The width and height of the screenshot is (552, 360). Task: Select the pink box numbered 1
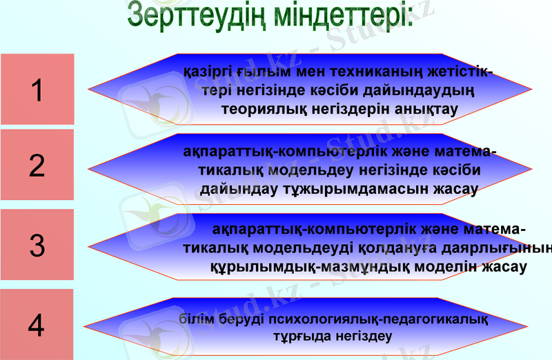37,90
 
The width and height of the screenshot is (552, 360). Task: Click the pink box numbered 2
37,166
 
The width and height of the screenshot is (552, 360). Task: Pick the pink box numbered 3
37,246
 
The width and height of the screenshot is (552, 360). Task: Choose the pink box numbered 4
37,325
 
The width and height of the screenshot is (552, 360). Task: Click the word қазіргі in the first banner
209,72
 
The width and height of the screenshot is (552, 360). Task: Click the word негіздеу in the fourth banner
364,337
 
